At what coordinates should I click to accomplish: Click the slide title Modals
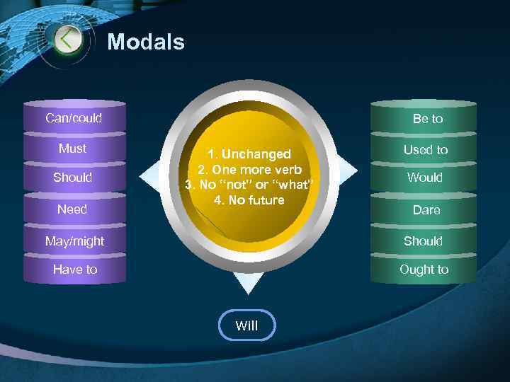pos(146,42)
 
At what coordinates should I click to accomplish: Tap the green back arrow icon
pos(67,39)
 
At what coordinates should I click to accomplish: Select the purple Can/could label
pos(74,118)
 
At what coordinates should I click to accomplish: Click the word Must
pos(73,149)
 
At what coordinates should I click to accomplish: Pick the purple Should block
pos(73,178)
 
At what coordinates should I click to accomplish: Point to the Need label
pos(72,209)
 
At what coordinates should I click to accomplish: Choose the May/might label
pos(74,241)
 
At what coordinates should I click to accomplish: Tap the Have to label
pos(74,270)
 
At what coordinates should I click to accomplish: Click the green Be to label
pos(428,119)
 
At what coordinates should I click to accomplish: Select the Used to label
pos(426,150)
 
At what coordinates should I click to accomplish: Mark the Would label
pos(425,178)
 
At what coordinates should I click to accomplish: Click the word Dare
pos(426,210)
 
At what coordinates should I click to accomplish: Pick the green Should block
pos(423,241)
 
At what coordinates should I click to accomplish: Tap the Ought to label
pos(424,270)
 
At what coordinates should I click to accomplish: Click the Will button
pos(246,325)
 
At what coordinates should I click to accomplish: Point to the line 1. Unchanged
pos(249,154)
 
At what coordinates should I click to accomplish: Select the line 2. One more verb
pos(249,170)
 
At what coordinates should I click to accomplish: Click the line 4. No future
pos(249,200)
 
